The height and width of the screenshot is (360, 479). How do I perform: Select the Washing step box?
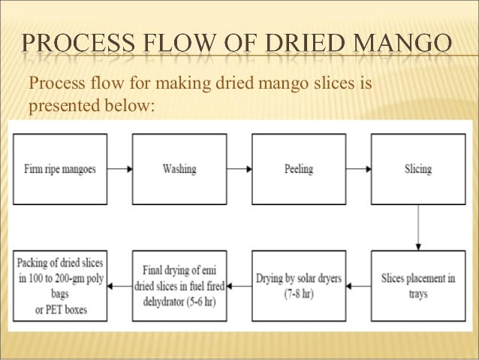click(x=179, y=169)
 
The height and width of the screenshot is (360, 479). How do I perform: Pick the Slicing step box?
click(x=417, y=169)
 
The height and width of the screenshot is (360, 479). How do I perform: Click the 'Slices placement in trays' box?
click(x=417, y=286)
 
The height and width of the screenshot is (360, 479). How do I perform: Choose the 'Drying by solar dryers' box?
click(x=298, y=286)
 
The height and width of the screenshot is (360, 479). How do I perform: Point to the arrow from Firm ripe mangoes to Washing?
click(x=119, y=170)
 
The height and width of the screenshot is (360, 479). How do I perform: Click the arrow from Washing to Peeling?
click(x=238, y=170)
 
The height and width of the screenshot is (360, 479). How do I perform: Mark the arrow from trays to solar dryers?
click(x=358, y=286)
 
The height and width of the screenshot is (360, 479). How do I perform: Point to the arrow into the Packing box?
click(x=119, y=286)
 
